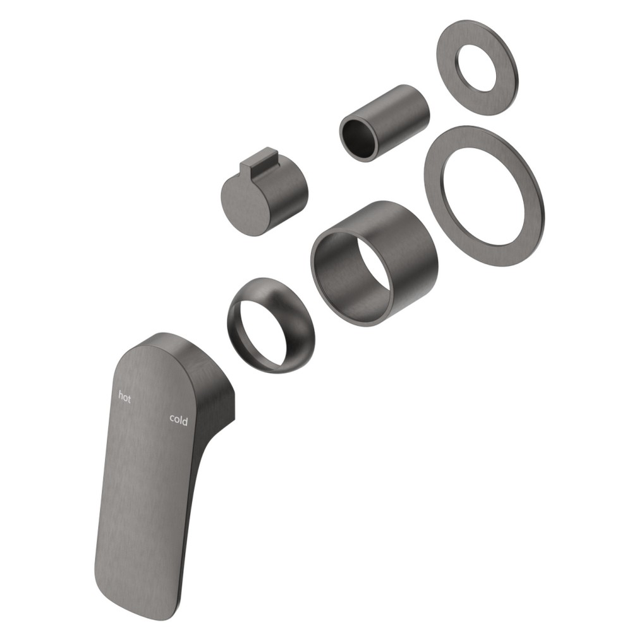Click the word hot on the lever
[x=125, y=397]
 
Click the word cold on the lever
[x=179, y=420]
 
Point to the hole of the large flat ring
[x=483, y=196]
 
